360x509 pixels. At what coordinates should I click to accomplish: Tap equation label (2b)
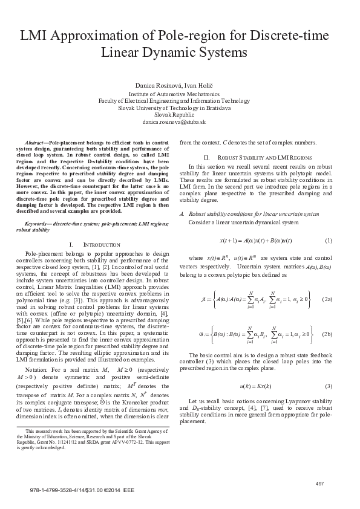(x=327, y=334)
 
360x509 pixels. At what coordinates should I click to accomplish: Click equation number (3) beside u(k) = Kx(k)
(x=329, y=386)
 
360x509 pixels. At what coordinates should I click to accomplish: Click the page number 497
(x=321, y=482)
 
